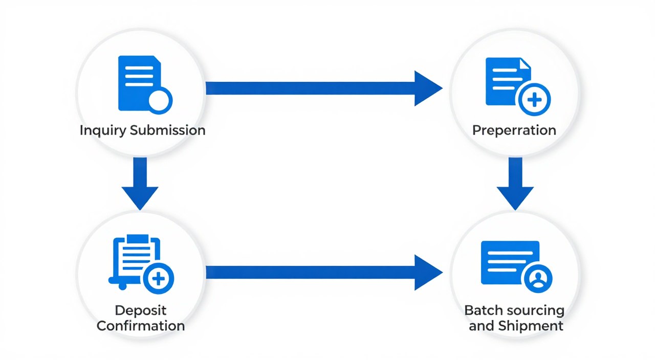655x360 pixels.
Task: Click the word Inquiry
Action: click(103, 130)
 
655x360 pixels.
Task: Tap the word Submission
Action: click(167, 130)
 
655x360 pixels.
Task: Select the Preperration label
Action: click(514, 130)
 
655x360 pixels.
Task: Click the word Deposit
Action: click(141, 310)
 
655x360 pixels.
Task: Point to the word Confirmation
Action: click(141, 326)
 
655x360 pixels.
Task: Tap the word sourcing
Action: click(534, 311)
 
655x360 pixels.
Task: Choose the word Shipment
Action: click(531, 326)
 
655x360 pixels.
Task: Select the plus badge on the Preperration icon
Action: click(534, 100)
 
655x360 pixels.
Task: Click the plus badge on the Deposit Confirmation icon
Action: click(159, 279)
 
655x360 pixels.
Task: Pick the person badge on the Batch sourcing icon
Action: click(538, 279)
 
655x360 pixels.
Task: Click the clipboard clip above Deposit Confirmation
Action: click(138, 239)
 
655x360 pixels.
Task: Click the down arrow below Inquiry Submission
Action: click(140, 184)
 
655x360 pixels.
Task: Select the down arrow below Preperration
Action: click(515, 184)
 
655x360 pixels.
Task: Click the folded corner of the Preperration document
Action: click(525, 63)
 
